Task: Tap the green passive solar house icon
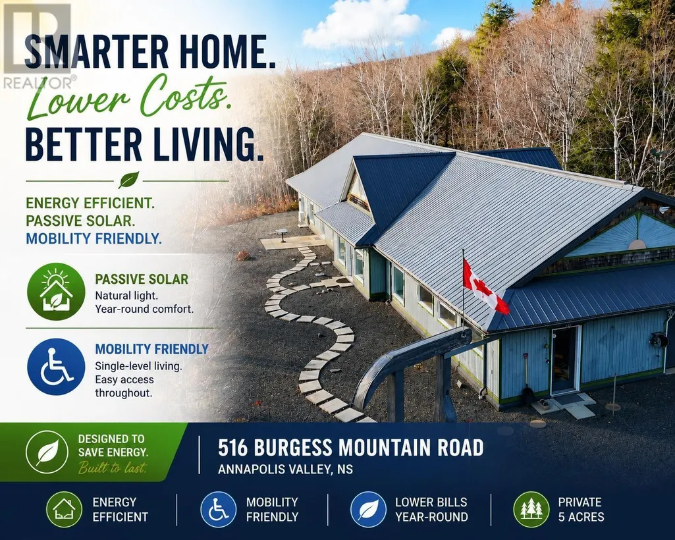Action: [x=56, y=292]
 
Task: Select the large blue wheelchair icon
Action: [x=56, y=366]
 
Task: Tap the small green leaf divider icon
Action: [x=128, y=180]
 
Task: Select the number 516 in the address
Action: [x=233, y=447]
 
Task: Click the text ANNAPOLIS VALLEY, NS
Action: [x=285, y=469]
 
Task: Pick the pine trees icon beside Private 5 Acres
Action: [x=531, y=510]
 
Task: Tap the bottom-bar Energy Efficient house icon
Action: [x=64, y=510]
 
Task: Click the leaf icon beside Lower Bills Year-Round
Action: [x=369, y=510]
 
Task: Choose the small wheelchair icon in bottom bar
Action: [x=218, y=510]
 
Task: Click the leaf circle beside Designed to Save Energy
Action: [x=47, y=452]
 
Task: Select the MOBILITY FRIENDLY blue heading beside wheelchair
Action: [x=151, y=349]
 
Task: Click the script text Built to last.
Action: [x=113, y=467]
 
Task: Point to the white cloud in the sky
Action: [x=362, y=24]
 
